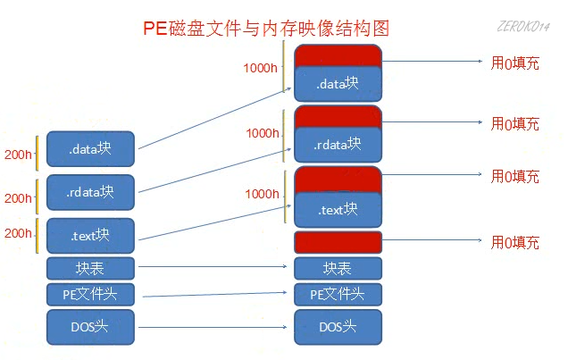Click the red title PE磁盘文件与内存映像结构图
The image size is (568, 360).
tap(266, 29)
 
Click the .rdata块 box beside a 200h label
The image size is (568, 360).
tap(90, 192)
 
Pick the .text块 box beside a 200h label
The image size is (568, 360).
tap(90, 235)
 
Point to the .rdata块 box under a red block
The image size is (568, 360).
tap(338, 144)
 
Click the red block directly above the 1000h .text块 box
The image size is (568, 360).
tap(338, 179)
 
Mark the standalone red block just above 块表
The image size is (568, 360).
tap(338, 242)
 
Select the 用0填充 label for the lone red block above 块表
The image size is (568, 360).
tap(515, 242)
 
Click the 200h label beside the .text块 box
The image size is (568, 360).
tap(18, 233)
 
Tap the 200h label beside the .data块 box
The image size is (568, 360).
tap(18, 155)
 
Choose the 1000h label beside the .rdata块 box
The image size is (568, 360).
tap(263, 133)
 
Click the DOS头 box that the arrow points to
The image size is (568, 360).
tap(338, 326)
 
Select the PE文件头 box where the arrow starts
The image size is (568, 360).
tap(90, 294)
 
